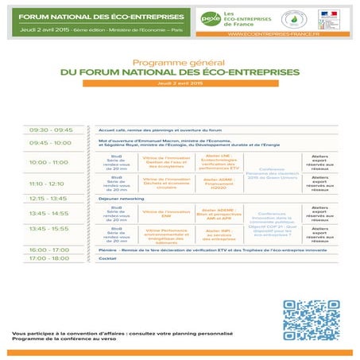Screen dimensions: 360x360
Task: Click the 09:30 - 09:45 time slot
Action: click(51, 130)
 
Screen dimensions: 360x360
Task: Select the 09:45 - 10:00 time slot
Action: click(51, 143)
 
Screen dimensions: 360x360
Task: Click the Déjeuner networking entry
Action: click(120, 198)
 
